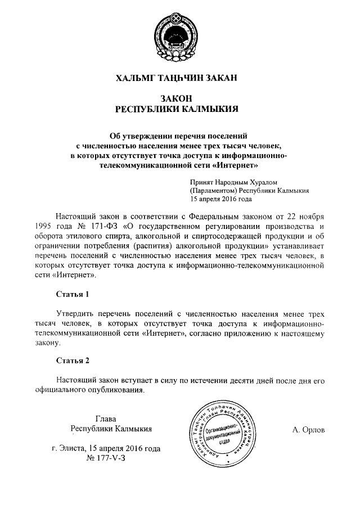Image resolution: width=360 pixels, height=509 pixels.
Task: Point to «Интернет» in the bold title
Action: coord(236,166)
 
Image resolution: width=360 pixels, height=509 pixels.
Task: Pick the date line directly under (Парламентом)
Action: coord(221,199)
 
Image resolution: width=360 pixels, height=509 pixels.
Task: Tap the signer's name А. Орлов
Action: coord(309,430)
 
